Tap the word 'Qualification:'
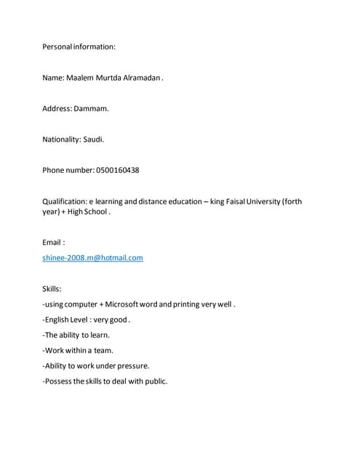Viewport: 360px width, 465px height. (65, 201)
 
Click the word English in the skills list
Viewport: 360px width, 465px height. (60, 319)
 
